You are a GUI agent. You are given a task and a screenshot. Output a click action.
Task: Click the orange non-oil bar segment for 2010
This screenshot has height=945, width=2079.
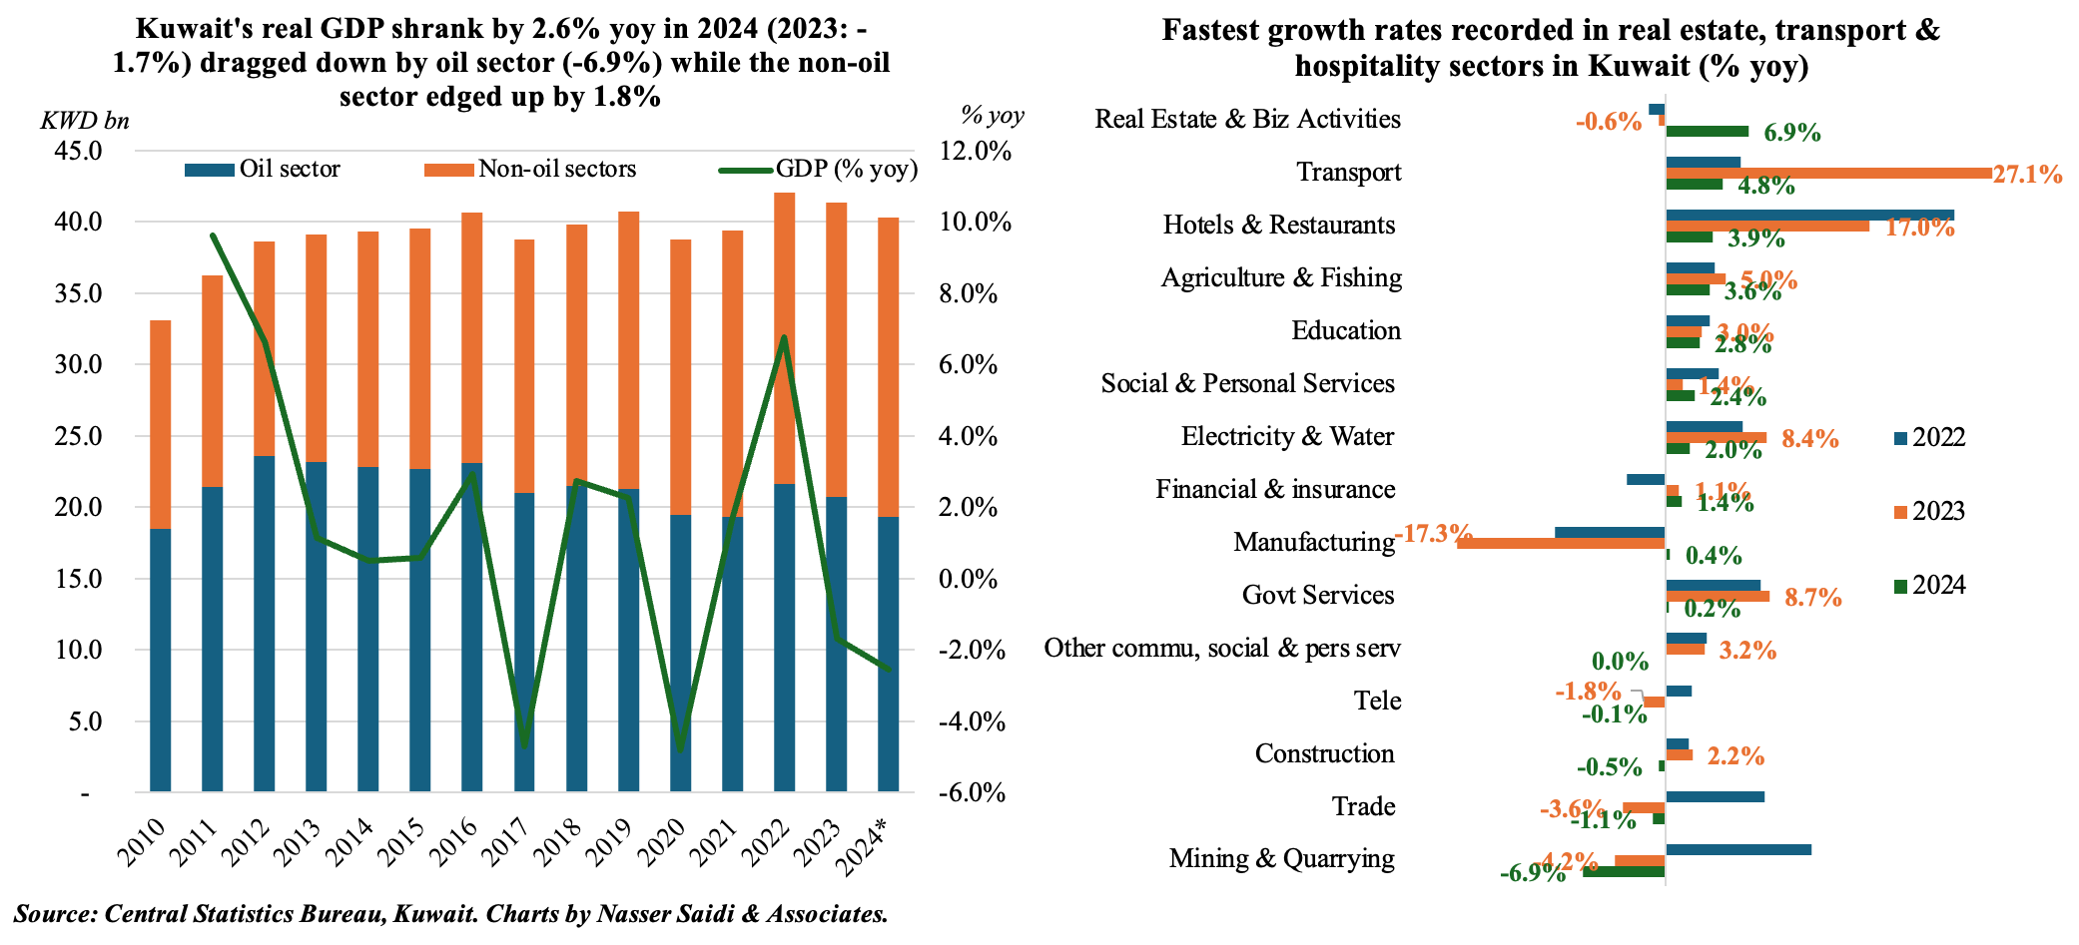pos(160,424)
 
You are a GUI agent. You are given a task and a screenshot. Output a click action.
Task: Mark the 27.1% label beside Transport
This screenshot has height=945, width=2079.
pos(2027,175)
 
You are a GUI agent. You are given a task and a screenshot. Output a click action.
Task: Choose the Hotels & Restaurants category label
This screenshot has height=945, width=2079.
pos(1279,225)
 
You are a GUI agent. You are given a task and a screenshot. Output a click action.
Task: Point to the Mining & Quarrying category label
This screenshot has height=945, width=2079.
pos(1282,858)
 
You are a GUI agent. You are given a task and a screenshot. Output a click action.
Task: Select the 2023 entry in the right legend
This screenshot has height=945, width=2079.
pos(1938,511)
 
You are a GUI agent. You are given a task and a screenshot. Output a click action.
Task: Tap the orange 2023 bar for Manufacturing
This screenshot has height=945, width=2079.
pos(1561,543)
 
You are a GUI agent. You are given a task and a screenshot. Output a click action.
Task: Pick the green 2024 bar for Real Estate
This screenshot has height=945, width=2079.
pos(1708,131)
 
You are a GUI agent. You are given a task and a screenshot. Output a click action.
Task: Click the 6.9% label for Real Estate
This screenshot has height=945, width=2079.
pos(1791,133)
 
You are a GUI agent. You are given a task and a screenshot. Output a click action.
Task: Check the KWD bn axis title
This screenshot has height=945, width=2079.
pos(85,121)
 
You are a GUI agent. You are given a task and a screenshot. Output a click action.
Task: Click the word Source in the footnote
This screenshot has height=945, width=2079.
pos(55,914)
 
